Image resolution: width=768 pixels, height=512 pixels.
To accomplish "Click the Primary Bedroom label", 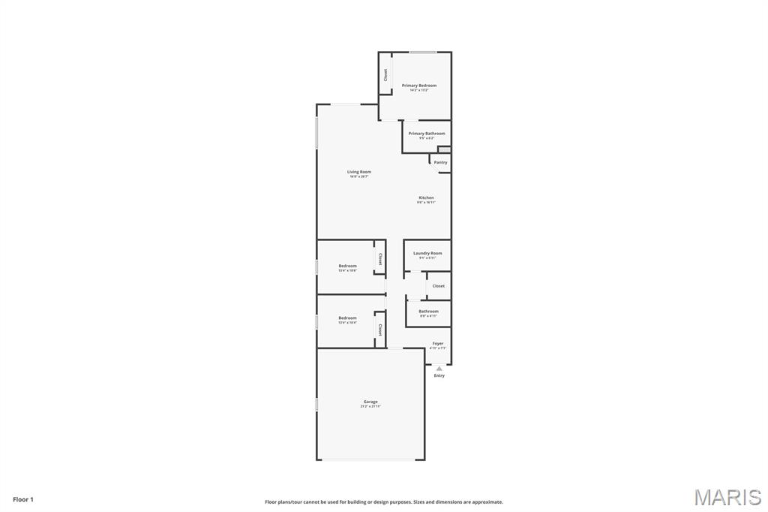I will coord(418,86).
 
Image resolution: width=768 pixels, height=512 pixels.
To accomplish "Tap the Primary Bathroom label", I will coord(427,134).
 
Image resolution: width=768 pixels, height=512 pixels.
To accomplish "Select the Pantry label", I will coord(440,162).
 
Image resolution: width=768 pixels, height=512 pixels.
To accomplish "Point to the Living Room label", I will coord(359,172).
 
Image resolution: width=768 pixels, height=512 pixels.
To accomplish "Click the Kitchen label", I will coord(426,197).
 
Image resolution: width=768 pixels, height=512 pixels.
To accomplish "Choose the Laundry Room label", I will coord(427,253).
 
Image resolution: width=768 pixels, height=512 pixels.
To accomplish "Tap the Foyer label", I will coord(438,343).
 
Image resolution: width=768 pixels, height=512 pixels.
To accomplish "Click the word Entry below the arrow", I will coord(439,375).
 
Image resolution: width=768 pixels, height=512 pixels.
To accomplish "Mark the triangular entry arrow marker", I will coord(439,368).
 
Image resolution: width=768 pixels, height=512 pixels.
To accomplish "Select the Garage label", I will coord(370,402).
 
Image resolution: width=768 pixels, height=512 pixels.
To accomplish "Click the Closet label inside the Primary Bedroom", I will coord(385,75).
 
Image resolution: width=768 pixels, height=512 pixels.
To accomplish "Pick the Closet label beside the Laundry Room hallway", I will coord(439,286).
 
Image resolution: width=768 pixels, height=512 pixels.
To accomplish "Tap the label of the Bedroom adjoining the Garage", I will coord(347,318).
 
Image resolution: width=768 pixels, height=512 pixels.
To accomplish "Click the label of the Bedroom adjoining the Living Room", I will coord(347,266).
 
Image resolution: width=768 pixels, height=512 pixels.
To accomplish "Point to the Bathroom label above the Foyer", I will coord(429,311).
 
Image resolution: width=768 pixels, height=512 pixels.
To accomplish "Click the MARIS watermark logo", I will coord(727,497).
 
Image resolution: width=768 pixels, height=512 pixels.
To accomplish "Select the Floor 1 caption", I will coord(23,499).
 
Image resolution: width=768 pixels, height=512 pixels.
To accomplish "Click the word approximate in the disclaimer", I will coord(487,502).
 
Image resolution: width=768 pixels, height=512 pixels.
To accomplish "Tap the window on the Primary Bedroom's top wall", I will coord(423,52).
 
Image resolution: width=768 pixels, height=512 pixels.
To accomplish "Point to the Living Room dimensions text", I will coord(359,176).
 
